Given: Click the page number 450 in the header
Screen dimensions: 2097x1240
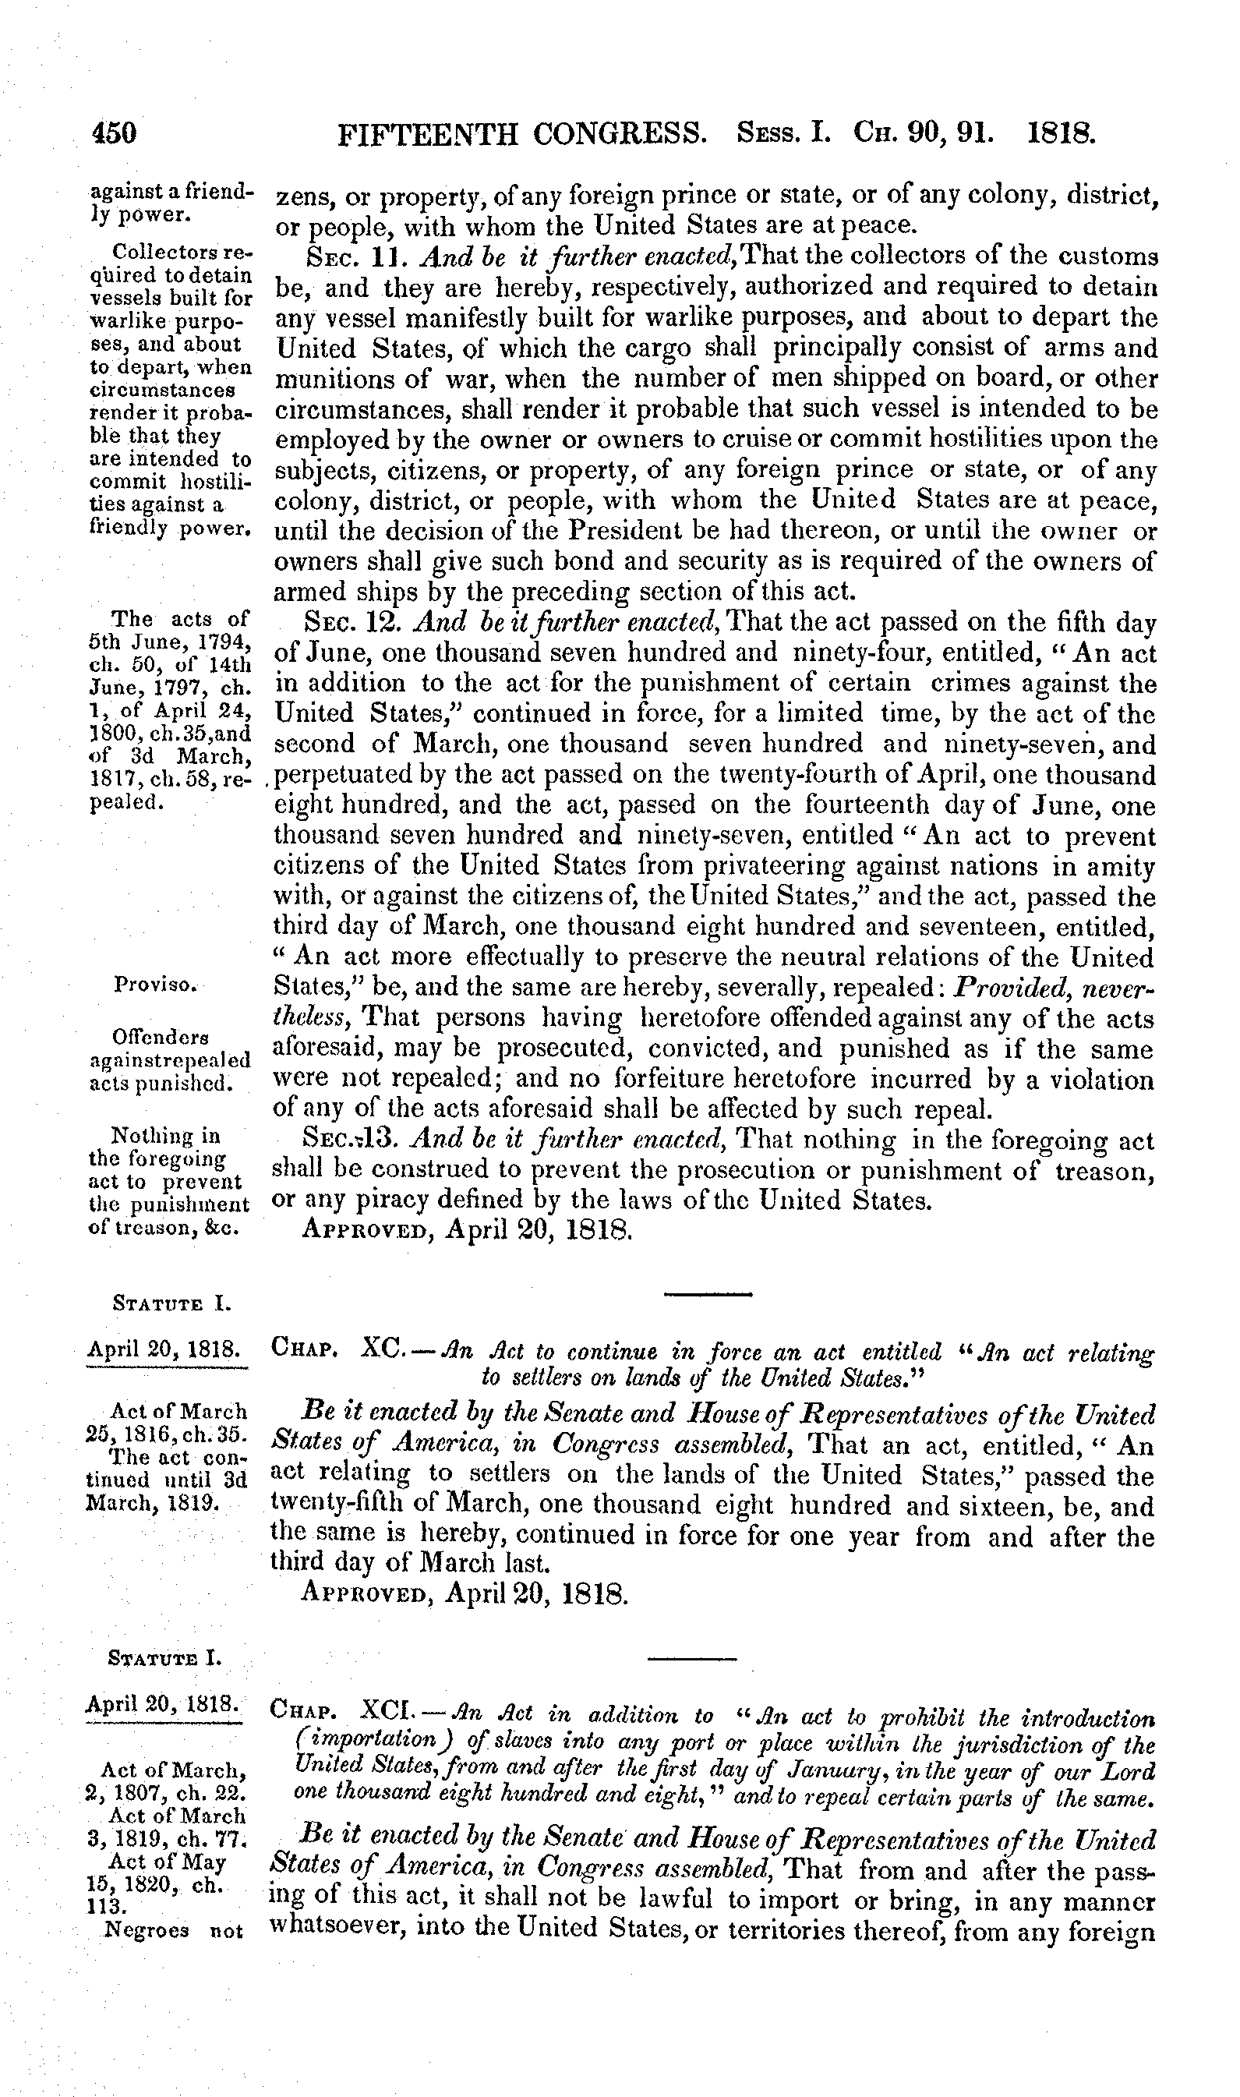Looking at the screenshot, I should [x=114, y=134].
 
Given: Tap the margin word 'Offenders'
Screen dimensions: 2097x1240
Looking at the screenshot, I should [x=160, y=1038].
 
